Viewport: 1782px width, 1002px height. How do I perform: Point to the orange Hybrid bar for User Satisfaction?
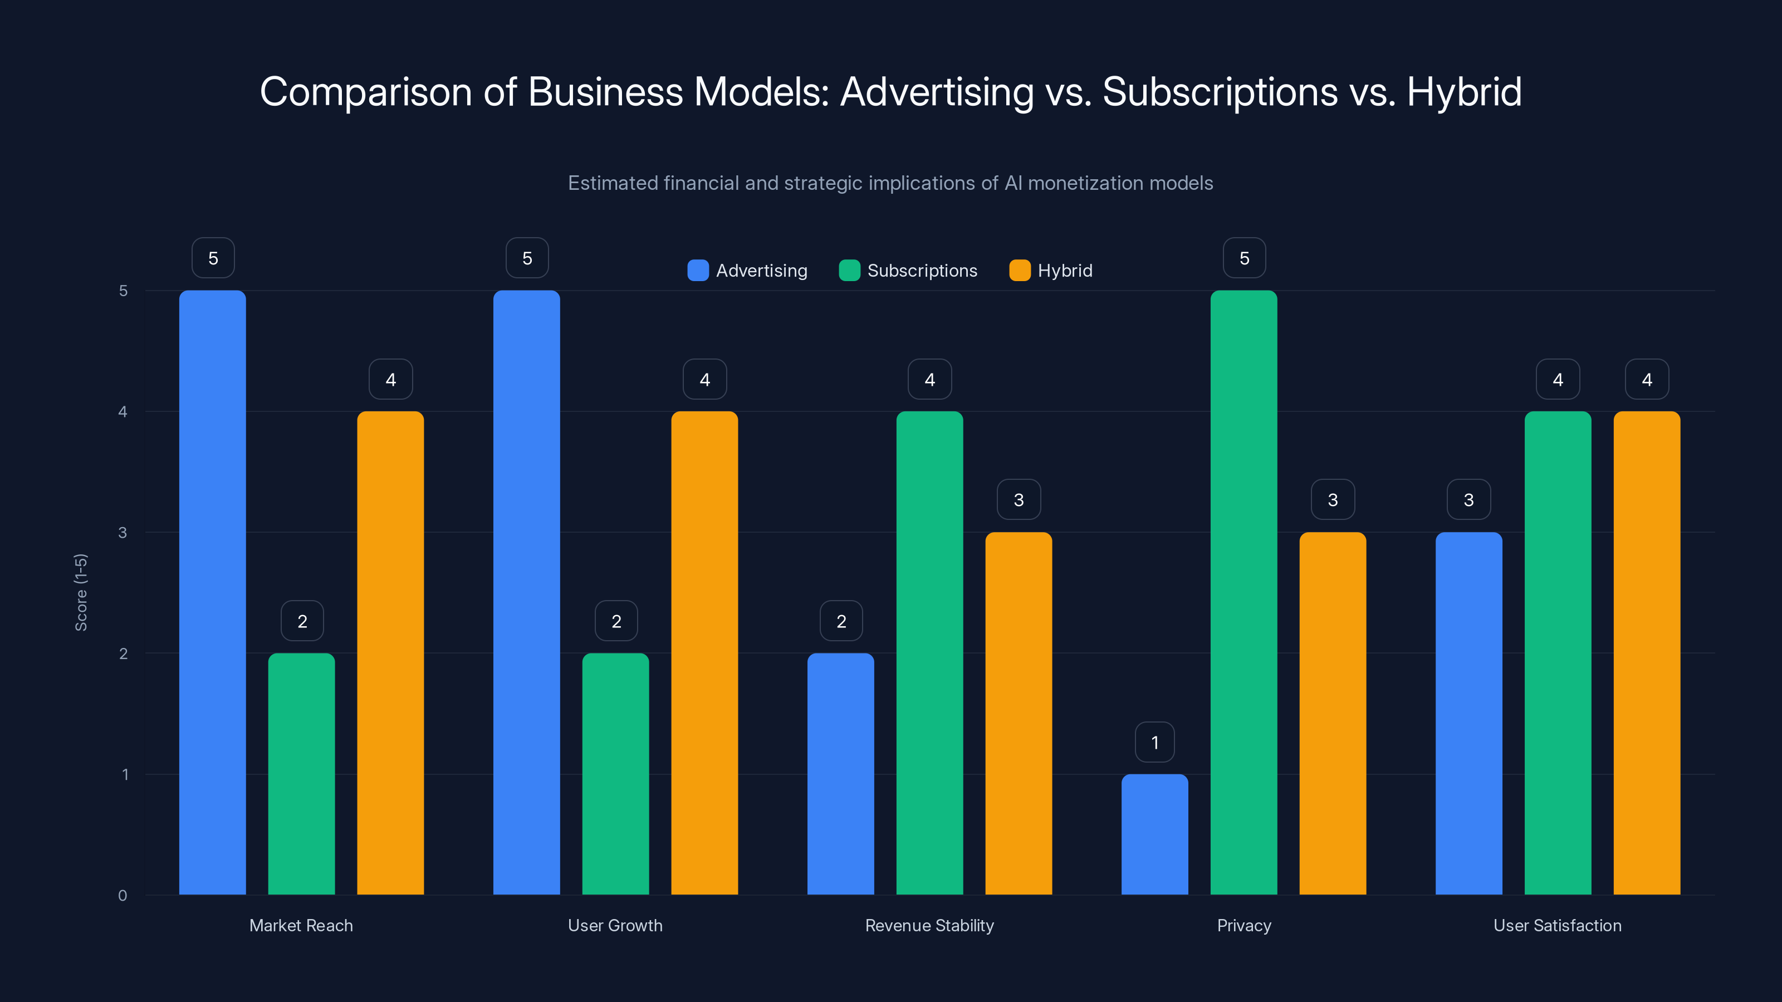click(1647, 653)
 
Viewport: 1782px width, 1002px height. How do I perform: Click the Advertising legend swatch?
click(698, 271)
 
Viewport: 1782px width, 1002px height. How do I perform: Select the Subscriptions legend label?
click(922, 271)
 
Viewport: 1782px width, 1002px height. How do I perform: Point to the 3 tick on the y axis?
click(123, 533)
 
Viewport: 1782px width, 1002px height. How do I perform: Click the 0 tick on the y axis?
click(123, 896)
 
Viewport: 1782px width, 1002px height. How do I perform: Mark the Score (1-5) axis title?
click(81, 592)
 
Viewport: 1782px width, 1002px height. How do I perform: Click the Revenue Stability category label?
click(929, 925)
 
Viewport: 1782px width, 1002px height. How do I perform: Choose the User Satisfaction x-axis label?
click(1557, 925)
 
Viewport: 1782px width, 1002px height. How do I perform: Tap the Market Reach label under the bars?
click(301, 925)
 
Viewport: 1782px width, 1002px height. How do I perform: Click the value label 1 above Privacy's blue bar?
click(1154, 742)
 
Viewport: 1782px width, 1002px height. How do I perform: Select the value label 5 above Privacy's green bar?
click(1244, 258)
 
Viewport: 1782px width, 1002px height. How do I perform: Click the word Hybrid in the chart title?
click(1464, 92)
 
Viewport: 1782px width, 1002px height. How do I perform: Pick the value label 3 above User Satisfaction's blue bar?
click(1468, 499)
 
